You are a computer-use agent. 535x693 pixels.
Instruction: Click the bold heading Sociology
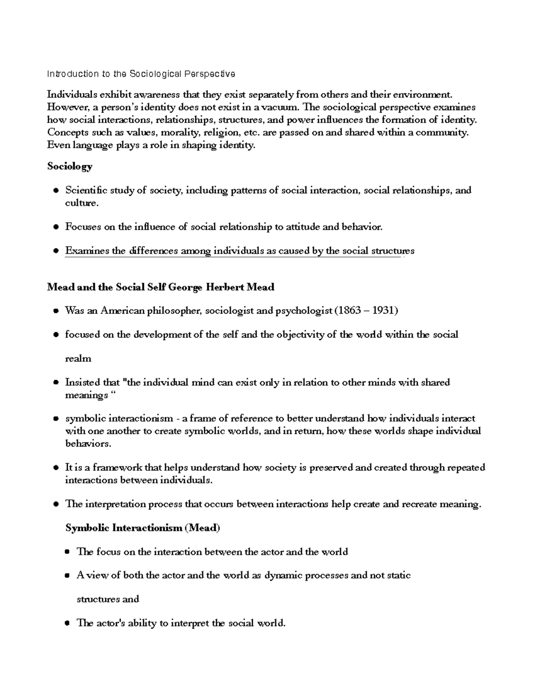70,166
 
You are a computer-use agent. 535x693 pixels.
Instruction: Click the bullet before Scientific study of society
56,191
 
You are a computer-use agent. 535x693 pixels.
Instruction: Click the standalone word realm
78,359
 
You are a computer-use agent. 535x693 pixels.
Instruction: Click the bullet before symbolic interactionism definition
56,419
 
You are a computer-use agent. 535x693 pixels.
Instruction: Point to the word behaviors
87,444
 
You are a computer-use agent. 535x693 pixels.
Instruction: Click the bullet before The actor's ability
67,623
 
